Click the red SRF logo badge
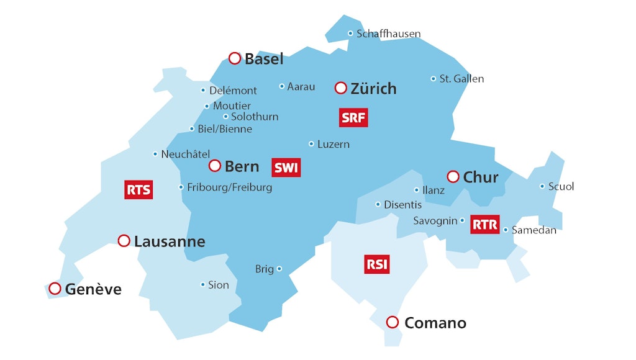(353, 117)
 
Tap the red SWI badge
(286, 168)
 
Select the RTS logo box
(138, 190)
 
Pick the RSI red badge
(377, 264)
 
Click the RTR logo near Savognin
(485, 224)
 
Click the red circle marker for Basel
(235, 58)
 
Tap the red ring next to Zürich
(340, 88)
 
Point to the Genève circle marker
(55, 289)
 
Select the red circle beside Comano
(392, 322)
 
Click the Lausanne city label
(170, 241)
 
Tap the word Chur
(481, 178)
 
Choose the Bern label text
(242, 166)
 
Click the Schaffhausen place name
(388, 34)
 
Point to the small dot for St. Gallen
(434, 79)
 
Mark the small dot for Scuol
(542, 186)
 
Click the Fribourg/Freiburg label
(229, 187)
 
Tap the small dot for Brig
(279, 269)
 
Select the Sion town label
(218, 285)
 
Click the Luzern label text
(334, 144)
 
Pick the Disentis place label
(402, 204)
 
